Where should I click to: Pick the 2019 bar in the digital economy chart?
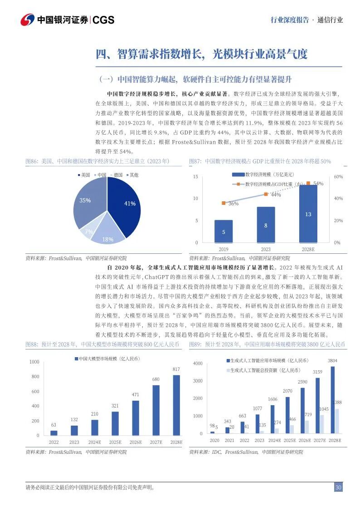[224, 231]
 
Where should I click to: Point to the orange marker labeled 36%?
[224, 203]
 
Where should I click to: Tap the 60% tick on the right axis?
[338, 176]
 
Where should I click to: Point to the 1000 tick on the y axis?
[34, 362]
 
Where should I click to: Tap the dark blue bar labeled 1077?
[257, 424]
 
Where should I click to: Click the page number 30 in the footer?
[338, 487]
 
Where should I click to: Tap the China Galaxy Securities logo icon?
[28, 19]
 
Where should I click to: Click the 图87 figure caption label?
[196, 161]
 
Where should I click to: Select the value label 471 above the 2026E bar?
[135, 395]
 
